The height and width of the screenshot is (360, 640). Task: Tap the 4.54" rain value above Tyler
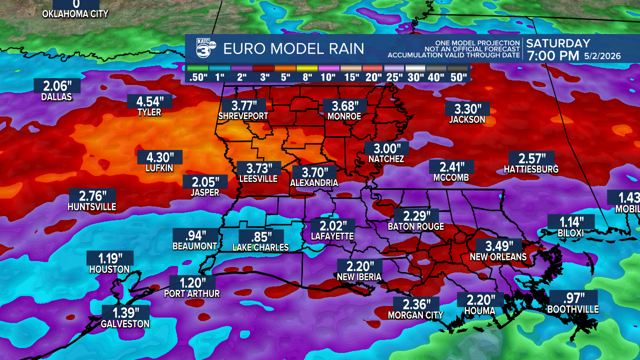(x=149, y=101)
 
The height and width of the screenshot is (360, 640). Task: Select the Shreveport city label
(x=243, y=116)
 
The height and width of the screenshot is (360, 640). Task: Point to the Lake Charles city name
(x=260, y=247)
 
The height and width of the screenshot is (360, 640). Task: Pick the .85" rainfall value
(x=261, y=236)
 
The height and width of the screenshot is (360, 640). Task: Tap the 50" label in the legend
(x=458, y=77)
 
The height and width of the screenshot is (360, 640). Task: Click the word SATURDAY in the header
(x=558, y=43)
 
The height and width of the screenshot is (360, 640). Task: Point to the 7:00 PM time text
(x=552, y=55)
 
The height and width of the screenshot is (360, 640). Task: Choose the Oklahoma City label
(x=75, y=14)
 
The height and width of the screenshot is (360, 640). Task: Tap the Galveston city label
(x=125, y=324)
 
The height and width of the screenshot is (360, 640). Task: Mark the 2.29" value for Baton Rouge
(x=416, y=216)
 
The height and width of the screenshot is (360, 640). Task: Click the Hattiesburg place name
(x=531, y=169)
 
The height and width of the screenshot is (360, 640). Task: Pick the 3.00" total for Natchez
(x=386, y=148)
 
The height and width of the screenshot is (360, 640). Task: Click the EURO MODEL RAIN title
(x=293, y=49)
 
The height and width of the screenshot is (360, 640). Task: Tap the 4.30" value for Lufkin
(x=159, y=157)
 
